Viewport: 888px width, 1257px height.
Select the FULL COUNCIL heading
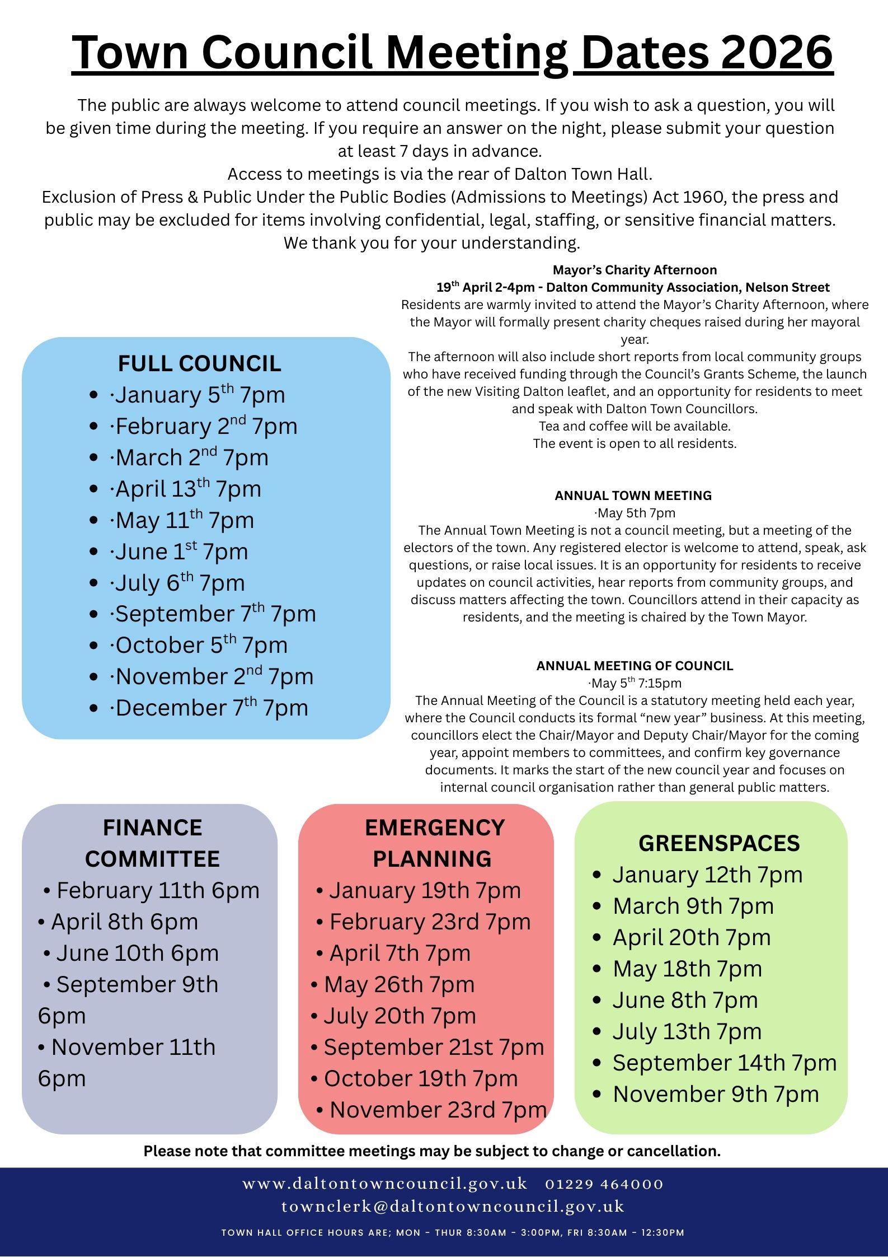tap(199, 364)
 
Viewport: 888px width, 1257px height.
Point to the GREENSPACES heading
tap(719, 843)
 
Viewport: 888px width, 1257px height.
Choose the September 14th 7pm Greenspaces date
tap(724, 1063)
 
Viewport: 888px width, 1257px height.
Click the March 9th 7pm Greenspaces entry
tap(693, 906)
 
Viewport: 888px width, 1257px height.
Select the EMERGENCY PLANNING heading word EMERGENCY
tap(435, 828)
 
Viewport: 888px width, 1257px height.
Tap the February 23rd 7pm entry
tap(429, 922)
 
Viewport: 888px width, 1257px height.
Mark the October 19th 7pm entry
tap(420, 1078)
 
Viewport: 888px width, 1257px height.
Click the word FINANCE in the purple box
tap(152, 828)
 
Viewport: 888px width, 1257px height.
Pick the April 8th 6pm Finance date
tap(124, 922)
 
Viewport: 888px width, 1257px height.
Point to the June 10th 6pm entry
tap(137, 953)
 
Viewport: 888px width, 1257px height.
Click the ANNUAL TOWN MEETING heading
tap(633, 496)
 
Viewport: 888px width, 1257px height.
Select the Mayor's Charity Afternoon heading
tap(635, 270)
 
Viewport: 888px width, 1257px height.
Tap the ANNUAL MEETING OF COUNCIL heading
tap(635, 666)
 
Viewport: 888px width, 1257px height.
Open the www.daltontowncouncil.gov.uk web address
tap(385, 1184)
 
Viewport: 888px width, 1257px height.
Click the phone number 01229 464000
tap(604, 1184)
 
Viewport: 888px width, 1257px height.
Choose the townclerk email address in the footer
tap(453, 1206)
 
